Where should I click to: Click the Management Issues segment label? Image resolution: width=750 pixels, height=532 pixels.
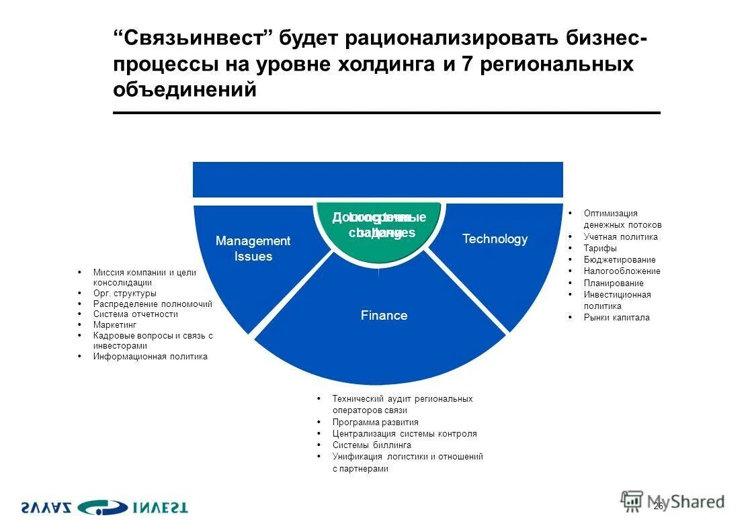[253, 249]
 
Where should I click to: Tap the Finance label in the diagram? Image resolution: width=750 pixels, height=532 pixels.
[384, 316]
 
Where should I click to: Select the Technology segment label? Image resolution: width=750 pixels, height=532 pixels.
[495, 239]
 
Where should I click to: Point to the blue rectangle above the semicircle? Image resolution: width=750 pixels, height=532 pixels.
[378, 179]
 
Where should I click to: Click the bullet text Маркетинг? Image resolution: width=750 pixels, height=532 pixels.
[115, 325]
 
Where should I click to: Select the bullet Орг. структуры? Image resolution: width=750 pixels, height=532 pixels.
[124, 294]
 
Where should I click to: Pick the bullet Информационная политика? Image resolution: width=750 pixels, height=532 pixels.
[150, 357]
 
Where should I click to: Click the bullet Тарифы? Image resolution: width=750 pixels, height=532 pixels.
[600, 249]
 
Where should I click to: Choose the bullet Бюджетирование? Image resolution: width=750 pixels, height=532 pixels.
[620, 260]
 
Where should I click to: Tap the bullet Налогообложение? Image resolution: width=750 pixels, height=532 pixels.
[622, 271]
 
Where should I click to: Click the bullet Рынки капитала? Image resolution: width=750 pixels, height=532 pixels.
[616, 318]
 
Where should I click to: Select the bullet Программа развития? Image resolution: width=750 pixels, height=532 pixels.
[375, 423]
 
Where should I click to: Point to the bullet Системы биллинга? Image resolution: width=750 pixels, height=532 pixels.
[371, 445]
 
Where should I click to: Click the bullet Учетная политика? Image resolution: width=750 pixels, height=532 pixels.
[620, 237]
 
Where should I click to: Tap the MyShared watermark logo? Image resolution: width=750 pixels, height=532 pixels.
[673, 501]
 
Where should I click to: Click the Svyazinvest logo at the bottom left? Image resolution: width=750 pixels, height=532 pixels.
[103, 507]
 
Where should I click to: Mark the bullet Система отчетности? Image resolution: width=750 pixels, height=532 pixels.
[135, 314]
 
